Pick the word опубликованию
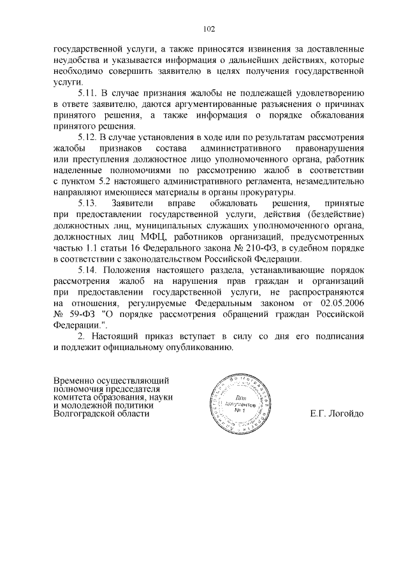(x=198, y=348)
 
